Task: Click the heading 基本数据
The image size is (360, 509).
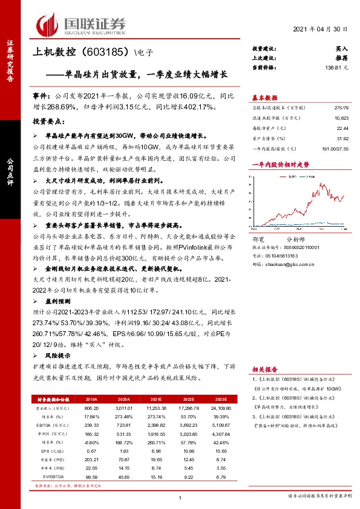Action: tap(264, 97)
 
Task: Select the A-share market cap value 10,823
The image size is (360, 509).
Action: tap(341, 118)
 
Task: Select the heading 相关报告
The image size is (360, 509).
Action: tap(264, 368)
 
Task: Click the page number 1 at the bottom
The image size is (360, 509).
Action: tap(180, 497)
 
